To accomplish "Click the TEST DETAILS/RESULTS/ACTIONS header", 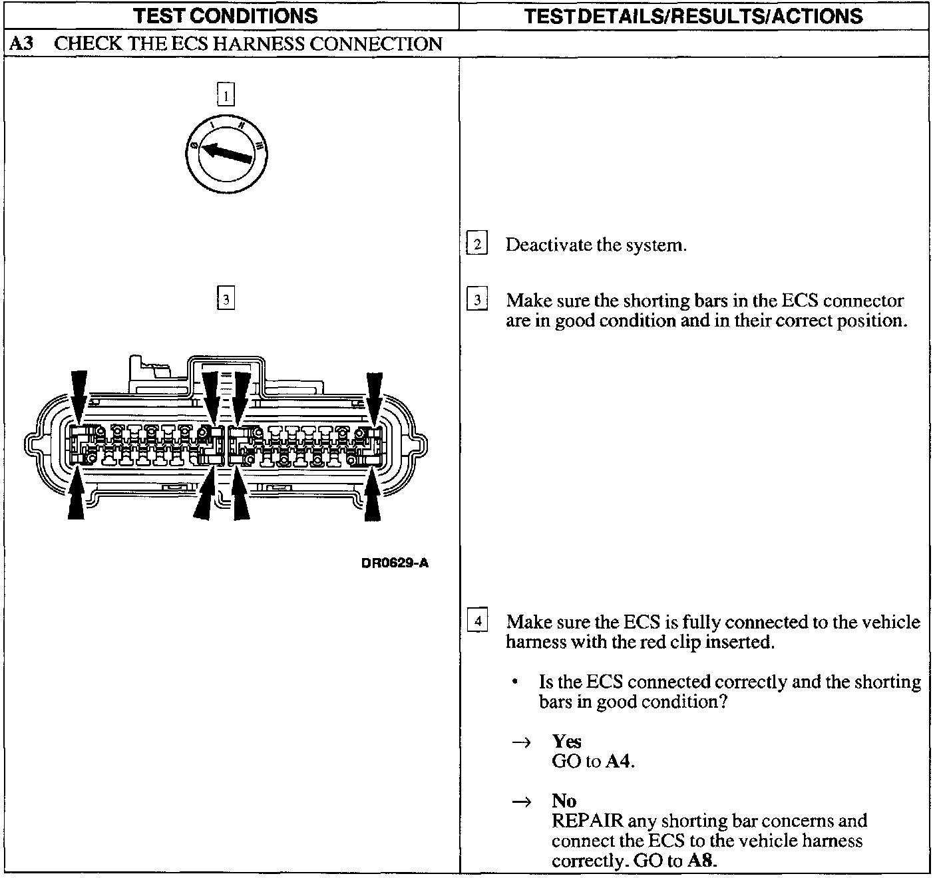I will (x=694, y=16).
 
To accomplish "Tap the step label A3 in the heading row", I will (x=21, y=45).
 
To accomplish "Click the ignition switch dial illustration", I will (x=226, y=154).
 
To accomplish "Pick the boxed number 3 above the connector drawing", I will (x=226, y=299).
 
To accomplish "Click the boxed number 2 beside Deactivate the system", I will (x=477, y=244).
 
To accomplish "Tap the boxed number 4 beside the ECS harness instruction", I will (x=477, y=622).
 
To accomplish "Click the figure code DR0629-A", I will (x=395, y=563).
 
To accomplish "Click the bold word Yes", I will (x=566, y=741).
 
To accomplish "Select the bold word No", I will (x=564, y=801).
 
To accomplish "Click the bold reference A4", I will (x=618, y=761).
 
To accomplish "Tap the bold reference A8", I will (x=701, y=861).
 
